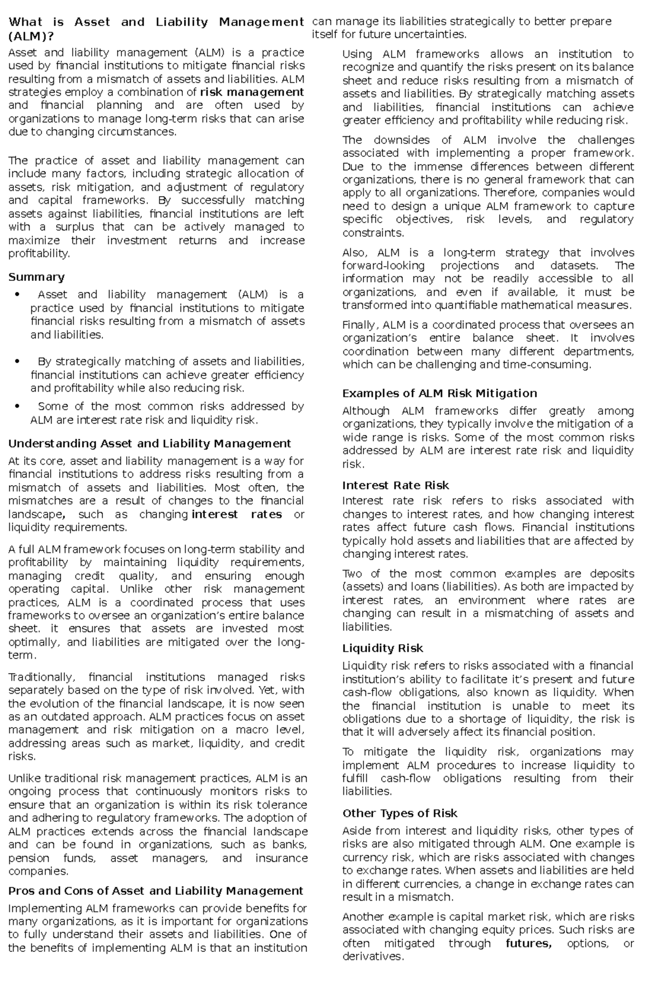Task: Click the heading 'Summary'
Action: click(x=36, y=277)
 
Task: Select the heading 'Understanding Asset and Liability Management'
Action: click(x=149, y=444)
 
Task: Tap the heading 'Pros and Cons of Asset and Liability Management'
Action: click(x=155, y=891)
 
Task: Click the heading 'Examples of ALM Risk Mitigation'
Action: click(x=439, y=393)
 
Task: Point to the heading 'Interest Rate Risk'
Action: click(x=395, y=485)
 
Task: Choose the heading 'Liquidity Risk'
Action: click(x=382, y=648)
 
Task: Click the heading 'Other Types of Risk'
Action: click(x=400, y=813)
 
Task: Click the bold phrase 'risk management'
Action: click(x=252, y=92)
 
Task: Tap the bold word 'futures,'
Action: click(x=528, y=943)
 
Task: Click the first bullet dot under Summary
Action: click(x=18, y=295)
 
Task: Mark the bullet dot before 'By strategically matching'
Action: click(x=18, y=362)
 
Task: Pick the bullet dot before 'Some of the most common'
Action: click(x=18, y=406)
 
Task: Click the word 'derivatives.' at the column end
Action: click(x=373, y=957)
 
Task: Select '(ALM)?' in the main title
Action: click(x=31, y=36)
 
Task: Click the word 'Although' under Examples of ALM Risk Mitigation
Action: click(x=366, y=411)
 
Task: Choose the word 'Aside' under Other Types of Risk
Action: click(x=356, y=831)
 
